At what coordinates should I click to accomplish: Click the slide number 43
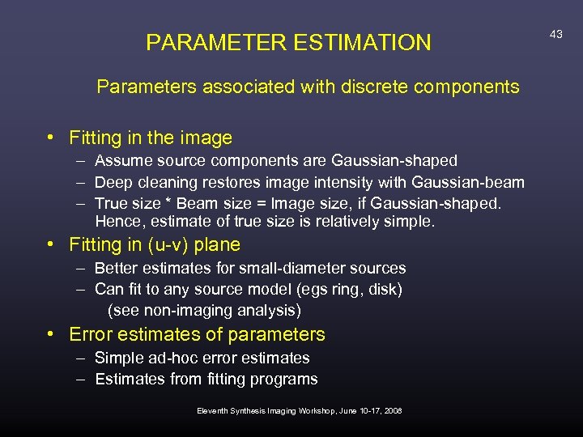555,34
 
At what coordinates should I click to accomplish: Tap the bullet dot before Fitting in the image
51,138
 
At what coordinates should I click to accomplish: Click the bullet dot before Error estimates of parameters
51,334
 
